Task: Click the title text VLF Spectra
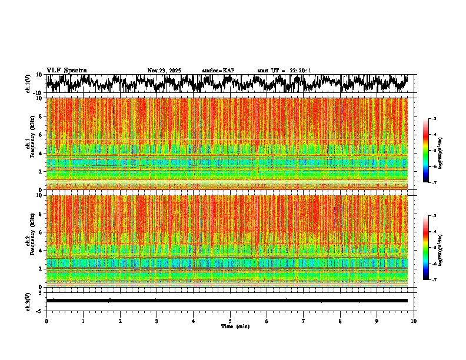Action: pyautogui.click(x=66, y=70)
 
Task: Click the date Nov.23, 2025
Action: pyautogui.click(x=164, y=71)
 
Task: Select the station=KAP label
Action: pyautogui.click(x=218, y=71)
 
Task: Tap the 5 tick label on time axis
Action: pyautogui.click(x=230, y=321)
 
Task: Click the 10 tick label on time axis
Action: pyautogui.click(x=414, y=321)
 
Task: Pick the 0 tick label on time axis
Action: pyautogui.click(x=46, y=321)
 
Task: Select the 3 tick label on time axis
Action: pyautogui.click(x=157, y=321)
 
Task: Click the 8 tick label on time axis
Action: pyautogui.click(x=340, y=321)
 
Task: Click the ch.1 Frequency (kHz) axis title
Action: pyautogui.click(x=29, y=144)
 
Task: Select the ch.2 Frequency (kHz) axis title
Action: pyautogui.click(x=29, y=241)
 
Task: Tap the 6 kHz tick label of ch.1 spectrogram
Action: pyautogui.click(x=41, y=135)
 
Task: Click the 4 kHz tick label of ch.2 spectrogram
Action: pyautogui.click(x=41, y=251)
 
